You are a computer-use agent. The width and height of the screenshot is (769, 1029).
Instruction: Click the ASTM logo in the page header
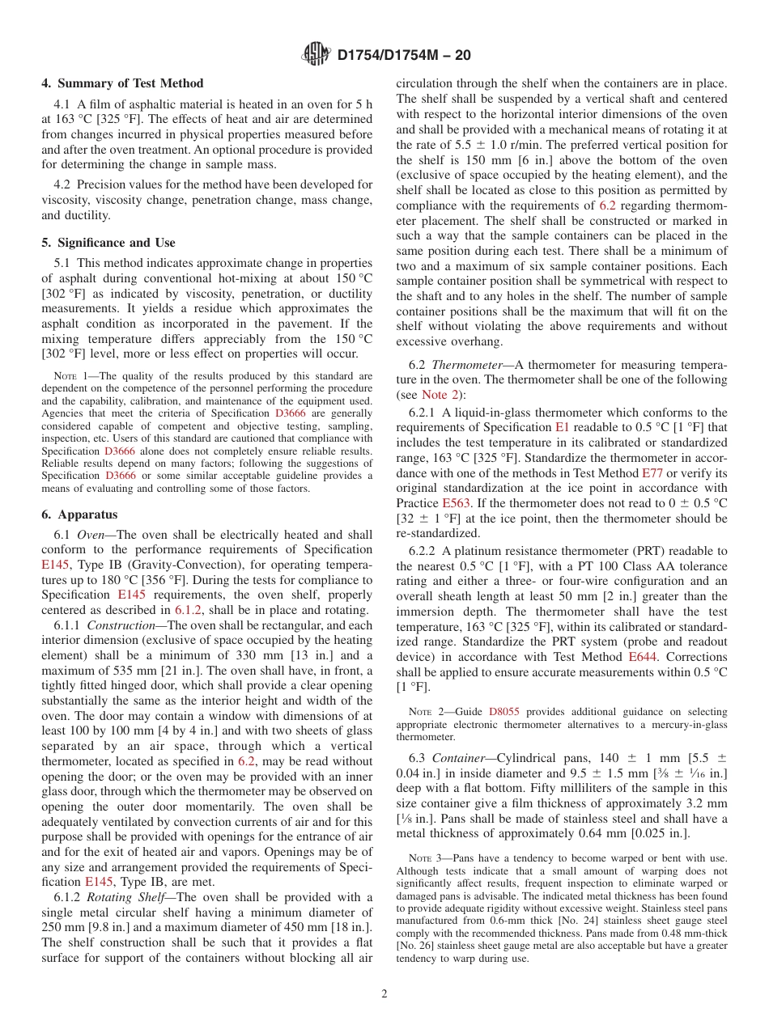pyautogui.click(x=316, y=55)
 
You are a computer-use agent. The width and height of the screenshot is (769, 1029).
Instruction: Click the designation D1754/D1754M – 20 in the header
pyautogui.click(x=403, y=56)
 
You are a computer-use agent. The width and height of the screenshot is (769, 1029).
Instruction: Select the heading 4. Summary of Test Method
pyautogui.click(x=122, y=83)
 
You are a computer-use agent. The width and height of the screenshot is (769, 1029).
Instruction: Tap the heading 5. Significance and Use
pyautogui.click(x=108, y=243)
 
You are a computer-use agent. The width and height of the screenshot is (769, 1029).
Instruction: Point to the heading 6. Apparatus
pyautogui.click(x=79, y=514)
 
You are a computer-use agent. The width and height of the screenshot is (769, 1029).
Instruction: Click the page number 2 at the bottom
pyautogui.click(x=384, y=994)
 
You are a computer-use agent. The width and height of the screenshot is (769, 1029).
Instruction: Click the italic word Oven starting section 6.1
pyautogui.click(x=90, y=535)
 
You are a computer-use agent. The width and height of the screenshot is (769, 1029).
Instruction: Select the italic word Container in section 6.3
pyautogui.click(x=458, y=758)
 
